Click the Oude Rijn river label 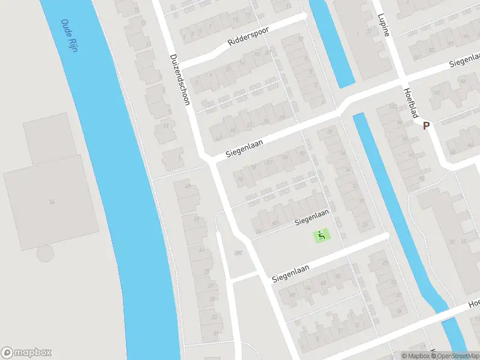pos(70,36)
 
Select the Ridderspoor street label pos(248,37)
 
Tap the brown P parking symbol pos(427,126)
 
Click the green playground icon pos(322,236)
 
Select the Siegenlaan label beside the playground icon pos(312,218)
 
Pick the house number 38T pos(239,253)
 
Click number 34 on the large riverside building pos(52,202)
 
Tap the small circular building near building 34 pos(45,254)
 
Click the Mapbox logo pos(26,352)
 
